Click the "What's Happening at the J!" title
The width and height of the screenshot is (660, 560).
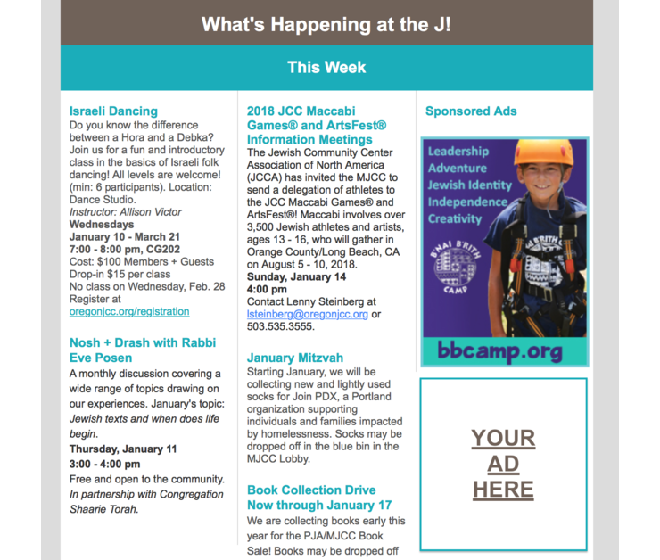click(x=326, y=24)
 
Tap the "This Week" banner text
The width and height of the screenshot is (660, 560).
click(x=326, y=68)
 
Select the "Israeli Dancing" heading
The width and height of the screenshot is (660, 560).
click(x=113, y=111)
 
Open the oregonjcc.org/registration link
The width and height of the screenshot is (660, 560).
click(x=129, y=312)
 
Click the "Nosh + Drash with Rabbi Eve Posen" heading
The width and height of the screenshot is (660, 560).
click(x=142, y=350)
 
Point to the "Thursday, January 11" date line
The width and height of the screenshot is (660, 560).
click(x=123, y=449)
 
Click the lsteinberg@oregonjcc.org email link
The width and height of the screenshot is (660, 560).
click(x=308, y=315)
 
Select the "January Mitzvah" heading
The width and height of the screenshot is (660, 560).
click(x=295, y=358)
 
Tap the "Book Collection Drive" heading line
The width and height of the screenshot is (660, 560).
click(x=311, y=490)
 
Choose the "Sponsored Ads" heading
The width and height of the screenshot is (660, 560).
click(x=471, y=111)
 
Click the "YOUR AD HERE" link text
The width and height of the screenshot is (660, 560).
click(x=503, y=464)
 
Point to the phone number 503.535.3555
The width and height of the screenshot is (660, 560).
click(x=280, y=327)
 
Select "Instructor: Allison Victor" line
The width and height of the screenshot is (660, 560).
click(x=125, y=212)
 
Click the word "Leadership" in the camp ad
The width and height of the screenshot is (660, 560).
click(x=458, y=152)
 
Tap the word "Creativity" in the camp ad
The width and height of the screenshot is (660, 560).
click(x=456, y=219)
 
